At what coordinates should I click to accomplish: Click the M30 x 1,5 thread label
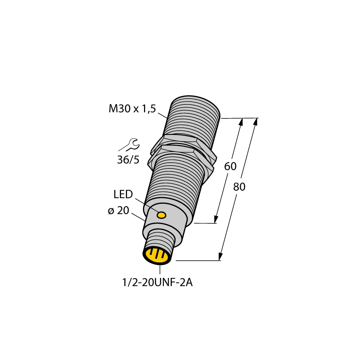132,109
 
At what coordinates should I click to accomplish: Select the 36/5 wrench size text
128,160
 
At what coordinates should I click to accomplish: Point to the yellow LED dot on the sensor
162,215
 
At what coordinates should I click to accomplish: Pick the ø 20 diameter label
118,211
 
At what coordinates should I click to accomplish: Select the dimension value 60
230,167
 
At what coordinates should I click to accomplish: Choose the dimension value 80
239,187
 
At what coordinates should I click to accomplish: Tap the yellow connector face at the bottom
157,256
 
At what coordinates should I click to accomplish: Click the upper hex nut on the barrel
180,140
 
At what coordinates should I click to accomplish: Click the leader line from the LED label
146,205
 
